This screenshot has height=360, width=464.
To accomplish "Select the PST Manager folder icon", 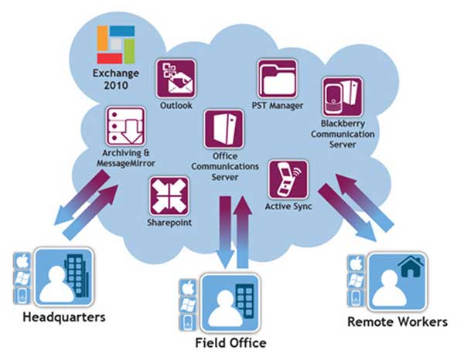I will (278, 79).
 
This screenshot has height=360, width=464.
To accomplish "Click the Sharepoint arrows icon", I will (169, 195).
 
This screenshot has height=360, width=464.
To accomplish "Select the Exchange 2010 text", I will (114, 80).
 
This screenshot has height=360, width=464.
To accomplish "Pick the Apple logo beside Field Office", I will (186, 287).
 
